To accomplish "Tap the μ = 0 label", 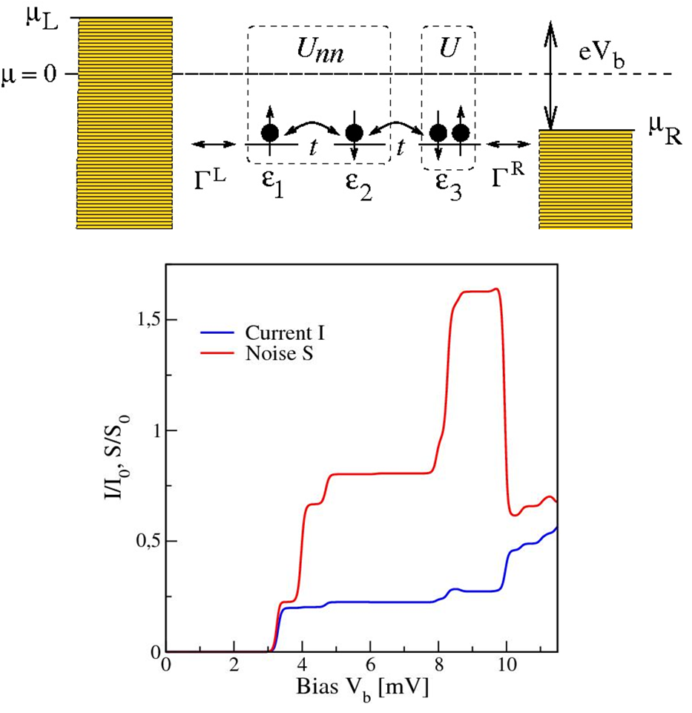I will (28, 74).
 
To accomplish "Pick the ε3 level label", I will (447, 187).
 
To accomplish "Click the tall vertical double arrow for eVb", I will (550, 74).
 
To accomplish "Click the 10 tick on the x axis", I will (507, 665).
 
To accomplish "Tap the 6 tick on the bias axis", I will (370, 665).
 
